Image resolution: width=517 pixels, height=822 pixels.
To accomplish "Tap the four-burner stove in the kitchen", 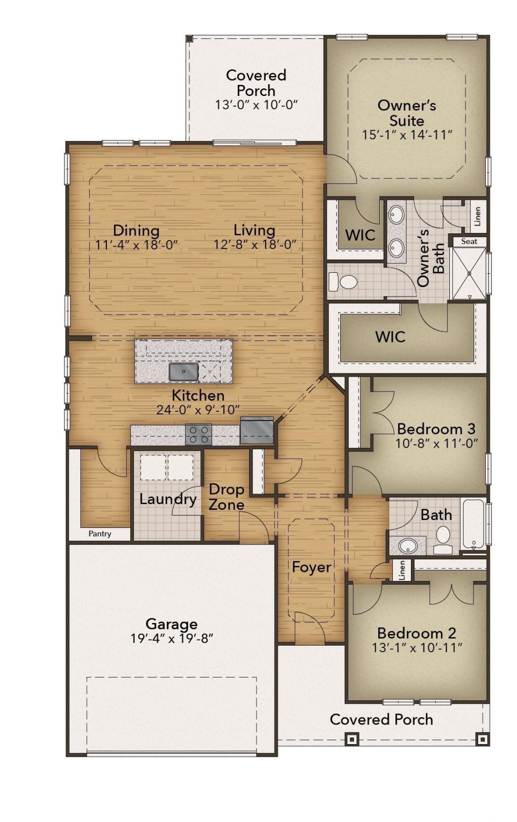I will point(198,434).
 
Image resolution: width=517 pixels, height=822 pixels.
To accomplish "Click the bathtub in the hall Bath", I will point(474,524).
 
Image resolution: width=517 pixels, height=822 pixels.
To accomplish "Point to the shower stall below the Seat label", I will point(469,273).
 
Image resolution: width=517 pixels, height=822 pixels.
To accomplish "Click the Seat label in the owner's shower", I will point(469,241).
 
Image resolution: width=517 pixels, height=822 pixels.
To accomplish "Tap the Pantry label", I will point(100,534).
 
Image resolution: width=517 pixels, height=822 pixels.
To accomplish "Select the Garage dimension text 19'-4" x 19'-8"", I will point(172,639).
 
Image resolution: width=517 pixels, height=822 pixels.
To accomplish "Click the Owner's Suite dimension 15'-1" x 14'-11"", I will point(407,135).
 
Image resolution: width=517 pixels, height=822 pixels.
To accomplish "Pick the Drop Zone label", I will point(227,497).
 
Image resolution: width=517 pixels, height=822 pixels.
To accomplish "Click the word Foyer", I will point(312,567).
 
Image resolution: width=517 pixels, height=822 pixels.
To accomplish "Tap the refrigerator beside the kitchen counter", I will point(257,430).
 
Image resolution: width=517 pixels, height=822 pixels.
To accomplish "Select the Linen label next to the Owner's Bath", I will point(478,216).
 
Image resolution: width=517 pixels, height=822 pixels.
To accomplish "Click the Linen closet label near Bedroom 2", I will point(402,570).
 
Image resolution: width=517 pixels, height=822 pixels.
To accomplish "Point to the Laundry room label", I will point(168,499).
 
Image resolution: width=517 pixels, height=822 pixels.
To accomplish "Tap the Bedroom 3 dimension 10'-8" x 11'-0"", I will point(436,443).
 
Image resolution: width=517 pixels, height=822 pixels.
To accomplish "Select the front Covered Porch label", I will point(381,719).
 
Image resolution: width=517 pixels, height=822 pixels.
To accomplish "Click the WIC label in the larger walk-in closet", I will point(390,336).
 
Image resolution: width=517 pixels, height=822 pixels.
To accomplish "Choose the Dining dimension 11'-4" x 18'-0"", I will point(136,245).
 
